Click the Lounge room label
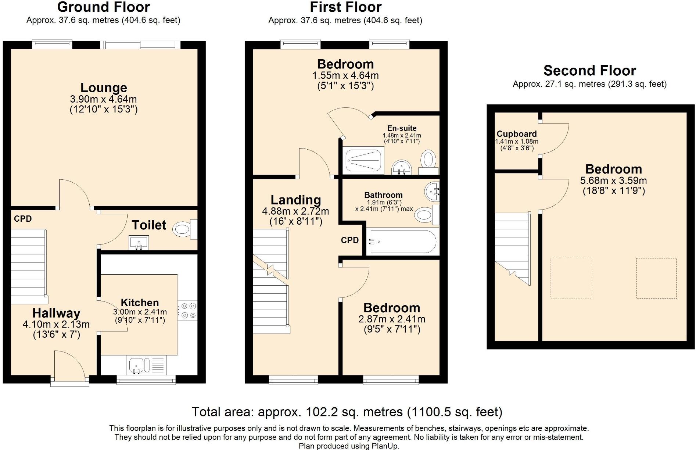[x=104, y=88]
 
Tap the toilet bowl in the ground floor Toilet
[x=185, y=230]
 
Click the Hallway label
[x=56, y=313]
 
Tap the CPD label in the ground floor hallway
[x=23, y=219]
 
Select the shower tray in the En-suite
[x=364, y=161]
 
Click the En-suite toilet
[x=428, y=162]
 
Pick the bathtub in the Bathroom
[x=402, y=242]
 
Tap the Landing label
[x=296, y=200]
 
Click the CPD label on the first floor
[x=350, y=240]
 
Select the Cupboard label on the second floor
[x=517, y=134]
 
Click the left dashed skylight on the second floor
[x=571, y=278]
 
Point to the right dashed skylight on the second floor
[x=656, y=278]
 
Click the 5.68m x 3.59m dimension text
[x=614, y=181]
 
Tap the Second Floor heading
[x=590, y=71]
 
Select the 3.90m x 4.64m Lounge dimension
[x=103, y=99]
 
